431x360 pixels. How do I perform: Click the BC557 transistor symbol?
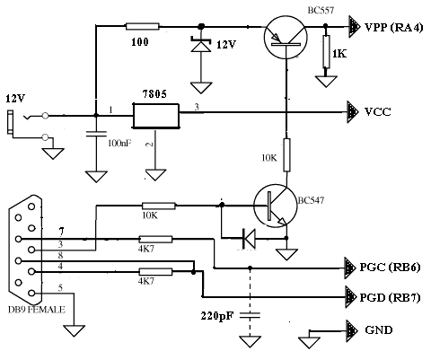(286, 37)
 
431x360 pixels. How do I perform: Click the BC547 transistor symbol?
(276, 206)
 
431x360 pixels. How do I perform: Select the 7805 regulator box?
(156, 116)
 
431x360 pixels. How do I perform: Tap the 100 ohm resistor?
(143, 26)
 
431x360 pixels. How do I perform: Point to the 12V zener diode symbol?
(201, 45)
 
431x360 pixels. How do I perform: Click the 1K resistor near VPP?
(326, 51)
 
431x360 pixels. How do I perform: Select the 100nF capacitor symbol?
(96, 134)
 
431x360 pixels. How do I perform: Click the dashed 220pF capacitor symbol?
(250, 315)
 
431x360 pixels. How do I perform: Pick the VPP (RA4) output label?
(393, 28)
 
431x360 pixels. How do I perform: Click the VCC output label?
(378, 112)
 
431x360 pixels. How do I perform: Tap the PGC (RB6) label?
(390, 267)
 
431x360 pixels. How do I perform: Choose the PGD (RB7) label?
(390, 297)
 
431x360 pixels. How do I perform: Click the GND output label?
(379, 329)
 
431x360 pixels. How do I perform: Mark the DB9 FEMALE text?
(36, 309)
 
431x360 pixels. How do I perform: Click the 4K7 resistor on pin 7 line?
(155, 239)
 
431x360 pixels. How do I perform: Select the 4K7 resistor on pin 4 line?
(155, 272)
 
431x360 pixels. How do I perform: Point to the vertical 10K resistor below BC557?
(286, 154)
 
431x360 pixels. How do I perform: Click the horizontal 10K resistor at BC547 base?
(159, 206)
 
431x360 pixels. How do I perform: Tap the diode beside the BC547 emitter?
(249, 239)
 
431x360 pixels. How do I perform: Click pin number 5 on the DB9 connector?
(60, 288)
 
